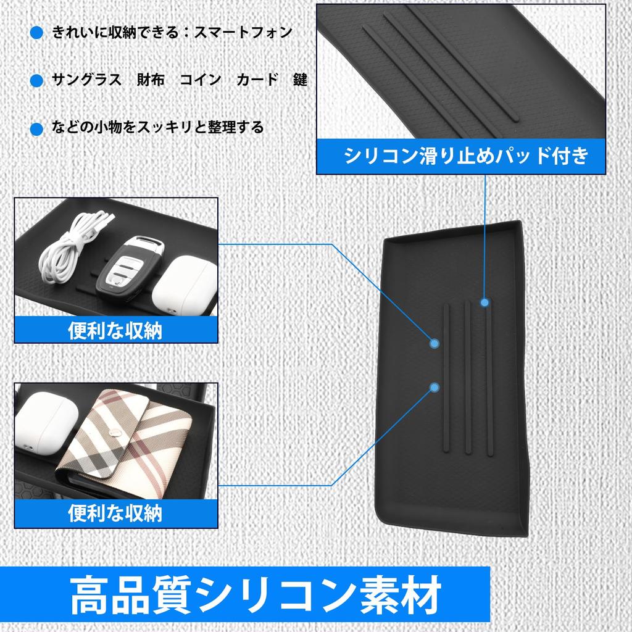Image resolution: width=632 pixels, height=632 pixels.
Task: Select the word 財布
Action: pos(151,80)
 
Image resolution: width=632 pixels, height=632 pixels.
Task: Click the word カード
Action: pos(257,80)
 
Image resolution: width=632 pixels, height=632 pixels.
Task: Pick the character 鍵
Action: pos(300,80)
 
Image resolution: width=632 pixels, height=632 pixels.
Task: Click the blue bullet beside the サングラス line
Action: pos(37,81)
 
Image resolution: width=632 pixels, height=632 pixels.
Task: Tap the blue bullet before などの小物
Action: pos(37,128)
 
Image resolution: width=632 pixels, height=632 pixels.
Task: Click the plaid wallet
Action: pos(136,441)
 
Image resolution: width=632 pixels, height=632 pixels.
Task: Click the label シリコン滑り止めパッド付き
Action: pos(466,155)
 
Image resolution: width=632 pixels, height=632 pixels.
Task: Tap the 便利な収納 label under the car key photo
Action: pos(115,330)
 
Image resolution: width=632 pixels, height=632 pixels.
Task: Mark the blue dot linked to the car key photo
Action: pos(435,343)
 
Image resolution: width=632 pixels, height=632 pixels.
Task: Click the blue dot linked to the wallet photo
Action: pos(435,387)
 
